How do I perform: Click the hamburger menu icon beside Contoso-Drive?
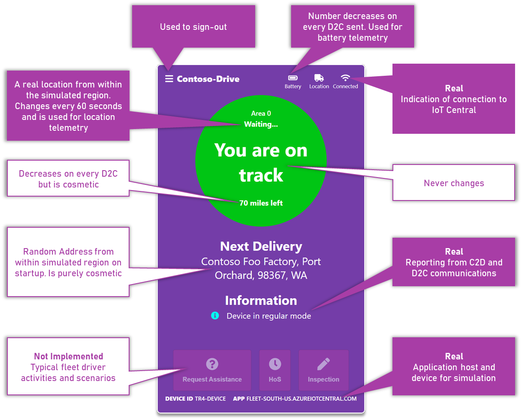pos(169,79)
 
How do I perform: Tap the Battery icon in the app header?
pos(293,78)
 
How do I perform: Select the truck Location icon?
pos(319,78)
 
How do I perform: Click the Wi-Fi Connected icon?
pos(345,78)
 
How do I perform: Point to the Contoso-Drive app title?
pos(208,79)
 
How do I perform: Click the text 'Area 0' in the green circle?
pos(261,113)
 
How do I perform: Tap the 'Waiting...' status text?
pos(261,124)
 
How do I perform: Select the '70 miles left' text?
pos(261,203)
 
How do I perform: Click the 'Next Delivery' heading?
pos(261,246)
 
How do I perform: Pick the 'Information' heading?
pos(261,300)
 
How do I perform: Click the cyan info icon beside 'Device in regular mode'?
pos(215,316)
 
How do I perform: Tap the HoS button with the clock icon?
pos(275,370)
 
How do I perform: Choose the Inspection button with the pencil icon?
pos(324,370)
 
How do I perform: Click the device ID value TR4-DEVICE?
pos(210,398)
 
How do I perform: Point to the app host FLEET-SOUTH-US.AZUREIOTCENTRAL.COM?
pos(302,398)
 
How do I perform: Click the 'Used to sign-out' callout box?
pos(193,27)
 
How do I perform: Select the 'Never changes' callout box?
pos(454,183)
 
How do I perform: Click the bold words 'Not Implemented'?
pos(68,356)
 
